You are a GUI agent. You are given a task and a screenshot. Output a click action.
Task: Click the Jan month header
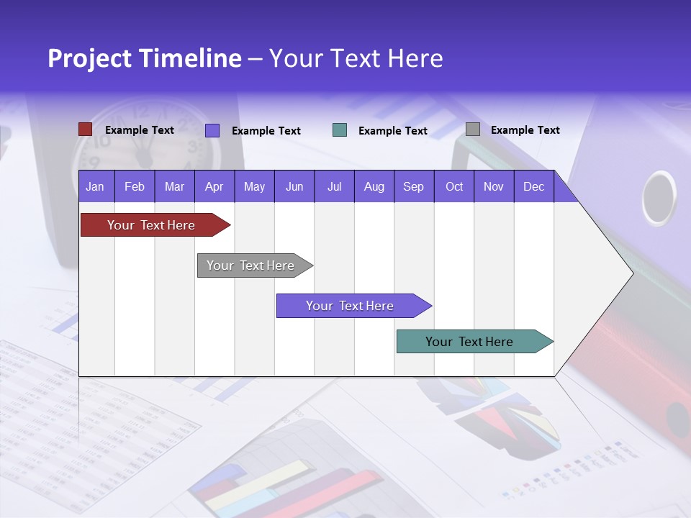(95, 187)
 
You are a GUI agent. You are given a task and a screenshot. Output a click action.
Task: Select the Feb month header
(135, 187)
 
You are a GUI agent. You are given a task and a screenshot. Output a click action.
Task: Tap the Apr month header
(214, 187)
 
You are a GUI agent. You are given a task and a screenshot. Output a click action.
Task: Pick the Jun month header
(294, 187)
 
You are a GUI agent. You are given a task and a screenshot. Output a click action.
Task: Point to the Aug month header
(374, 187)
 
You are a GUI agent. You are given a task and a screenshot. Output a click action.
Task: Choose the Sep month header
(413, 187)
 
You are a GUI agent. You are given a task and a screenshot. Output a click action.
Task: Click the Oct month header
(454, 187)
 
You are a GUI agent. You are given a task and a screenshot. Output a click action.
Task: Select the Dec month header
(533, 187)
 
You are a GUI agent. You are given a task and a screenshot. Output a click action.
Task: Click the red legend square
(85, 129)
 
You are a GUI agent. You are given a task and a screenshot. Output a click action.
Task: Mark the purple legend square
(212, 130)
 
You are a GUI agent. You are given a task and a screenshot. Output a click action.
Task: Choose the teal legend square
(340, 130)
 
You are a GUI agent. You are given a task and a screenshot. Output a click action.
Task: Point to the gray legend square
(473, 129)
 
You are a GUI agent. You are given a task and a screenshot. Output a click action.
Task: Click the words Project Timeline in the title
(144, 58)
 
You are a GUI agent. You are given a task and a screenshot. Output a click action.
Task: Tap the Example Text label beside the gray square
(525, 130)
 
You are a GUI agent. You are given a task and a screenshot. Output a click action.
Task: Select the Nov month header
(494, 187)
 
